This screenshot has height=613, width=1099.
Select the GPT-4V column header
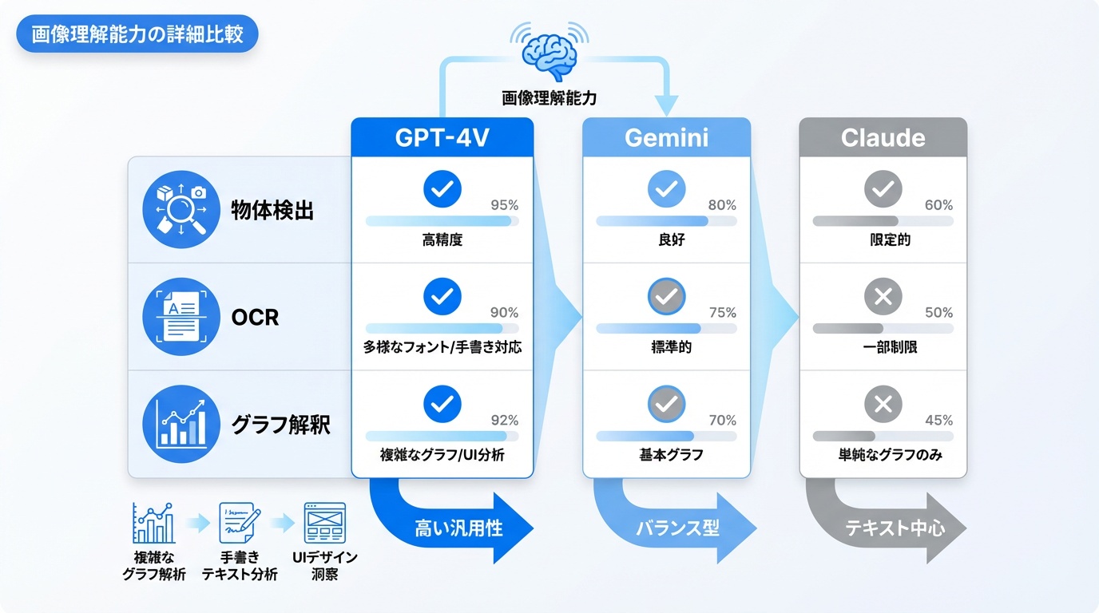[442, 137]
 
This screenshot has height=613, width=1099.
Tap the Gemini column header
[666, 137]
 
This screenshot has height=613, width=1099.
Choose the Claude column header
[883, 137]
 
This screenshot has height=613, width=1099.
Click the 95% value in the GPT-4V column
[504, 205]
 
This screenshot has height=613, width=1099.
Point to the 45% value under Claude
[938, 421]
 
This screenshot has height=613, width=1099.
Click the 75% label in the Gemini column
[722, 313]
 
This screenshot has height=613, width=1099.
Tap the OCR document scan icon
[180, 317]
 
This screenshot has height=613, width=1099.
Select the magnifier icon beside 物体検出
[180, 210]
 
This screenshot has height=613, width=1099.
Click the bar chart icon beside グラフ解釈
[180, 424]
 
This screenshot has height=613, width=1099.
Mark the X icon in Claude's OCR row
[883, 298]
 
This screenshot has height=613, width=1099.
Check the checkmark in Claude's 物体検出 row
[883, 190]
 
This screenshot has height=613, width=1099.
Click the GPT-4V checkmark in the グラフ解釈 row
[442, 405]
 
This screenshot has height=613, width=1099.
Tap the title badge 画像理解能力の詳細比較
[137, 36]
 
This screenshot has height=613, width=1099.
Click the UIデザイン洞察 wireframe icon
[325, 524]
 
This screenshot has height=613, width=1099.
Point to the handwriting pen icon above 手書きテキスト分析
[239, 524]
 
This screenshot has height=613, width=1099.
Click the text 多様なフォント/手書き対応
[442, 348]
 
